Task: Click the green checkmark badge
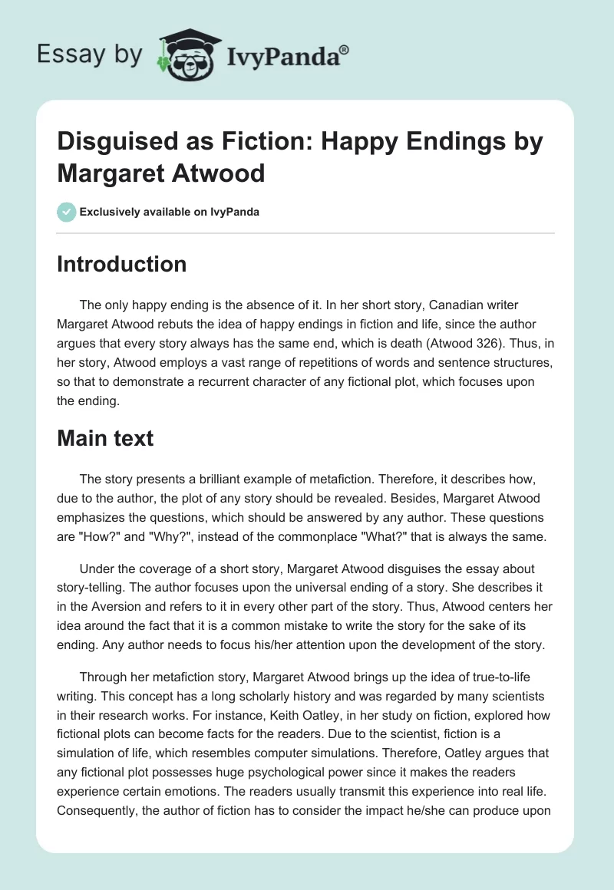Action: [x=67, y=212]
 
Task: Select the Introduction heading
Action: [x=122, y=264]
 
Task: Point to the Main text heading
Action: [x=106, y=438]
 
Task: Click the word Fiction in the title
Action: [x=246, y=143]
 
